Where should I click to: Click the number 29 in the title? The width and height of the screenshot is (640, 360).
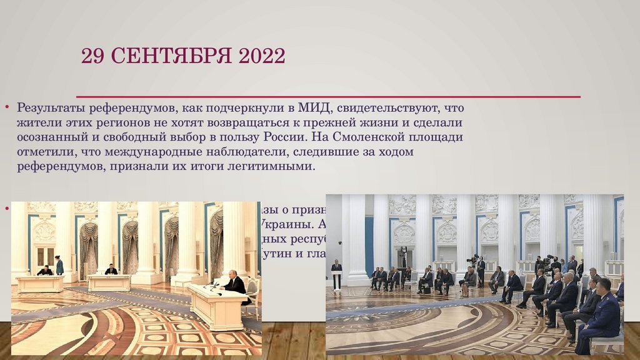click(x=91, y=57)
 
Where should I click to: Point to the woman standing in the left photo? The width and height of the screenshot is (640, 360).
click(x=59, y=265)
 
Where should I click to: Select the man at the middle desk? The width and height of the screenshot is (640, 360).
click(x=111, y=269)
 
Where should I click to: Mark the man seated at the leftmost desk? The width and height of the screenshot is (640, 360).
click(x=44, y=271)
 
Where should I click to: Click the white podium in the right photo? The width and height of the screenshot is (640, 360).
click(x=336, y=279)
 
